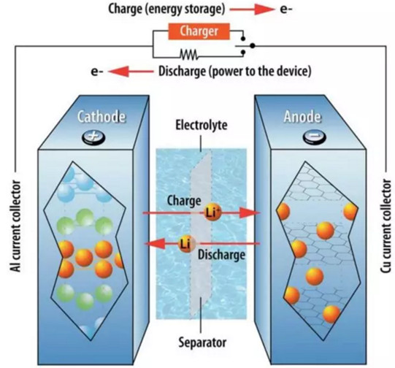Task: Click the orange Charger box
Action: tap(199, 31)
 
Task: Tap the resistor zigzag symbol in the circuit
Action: tap(189, 54)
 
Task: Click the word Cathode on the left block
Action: tap(101, 117)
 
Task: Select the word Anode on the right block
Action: tap(302, 117)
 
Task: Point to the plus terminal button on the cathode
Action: tap(93, 137)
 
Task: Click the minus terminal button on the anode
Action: tap(314, 137)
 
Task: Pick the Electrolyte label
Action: tap(202, 125)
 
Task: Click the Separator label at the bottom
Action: tap(202, 342)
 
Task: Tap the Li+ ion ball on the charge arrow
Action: tap(212, 212)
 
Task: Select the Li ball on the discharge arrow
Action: tap(186, 244)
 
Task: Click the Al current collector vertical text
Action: tap(15, 226)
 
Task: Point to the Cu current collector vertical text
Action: tap(386, 226)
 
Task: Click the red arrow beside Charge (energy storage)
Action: tap(252, 9)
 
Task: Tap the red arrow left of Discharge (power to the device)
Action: tap(131, 72)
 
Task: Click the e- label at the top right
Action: tap(286, 9)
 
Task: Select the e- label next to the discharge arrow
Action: tap(97, 72)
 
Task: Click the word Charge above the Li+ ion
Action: tap(184, 200)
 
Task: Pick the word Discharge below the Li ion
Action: tap(221, 255)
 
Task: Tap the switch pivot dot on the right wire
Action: tap(253, 45)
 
